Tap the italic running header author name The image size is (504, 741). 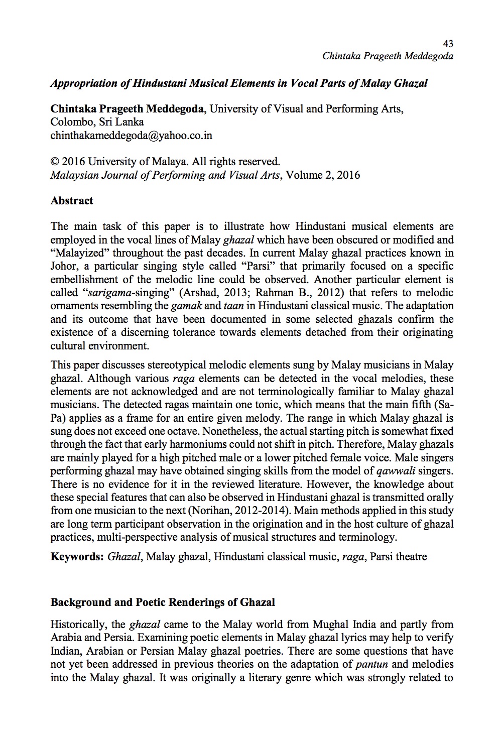pyautogui.click(x=388, y=56)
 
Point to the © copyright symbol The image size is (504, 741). pyautogui.click(x=55, y=162)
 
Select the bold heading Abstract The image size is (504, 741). pyautogui.click(x=72, y=201)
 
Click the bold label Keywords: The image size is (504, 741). pyautogui.click(x=77, y=557)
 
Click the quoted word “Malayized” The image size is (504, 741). pyautogui.click(x=79, y=253)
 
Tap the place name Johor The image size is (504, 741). pyautogui.click(x=64, y=266)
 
